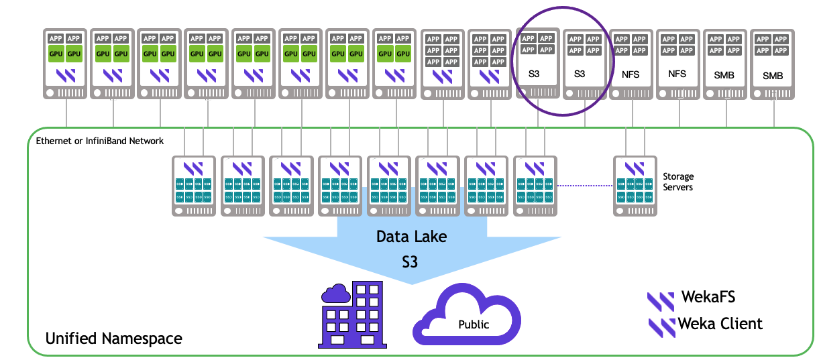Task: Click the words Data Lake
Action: tap(411, 237)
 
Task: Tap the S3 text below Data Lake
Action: tap(409, 261)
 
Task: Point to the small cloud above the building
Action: tap(336, 293)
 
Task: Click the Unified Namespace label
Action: tap(113, 339)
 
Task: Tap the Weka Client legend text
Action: tap(720, 324)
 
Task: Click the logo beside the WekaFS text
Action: tap(661, 301)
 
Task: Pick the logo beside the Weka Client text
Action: tap(662, 326)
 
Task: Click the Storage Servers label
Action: tap(678, 182)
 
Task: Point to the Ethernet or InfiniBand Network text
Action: tap(100, 141)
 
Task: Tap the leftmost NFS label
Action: tap(631, 75)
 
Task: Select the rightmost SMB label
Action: tap(773, 76)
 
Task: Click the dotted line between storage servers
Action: tap(585, 186)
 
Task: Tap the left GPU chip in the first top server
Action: tap(56, 54)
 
